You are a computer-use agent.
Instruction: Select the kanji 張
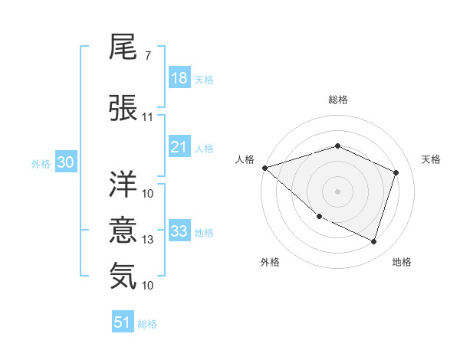(123, 107)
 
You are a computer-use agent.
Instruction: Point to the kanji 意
(123, 231)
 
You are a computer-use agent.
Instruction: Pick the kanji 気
(123, 276)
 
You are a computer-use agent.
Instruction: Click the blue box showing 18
(179, 78)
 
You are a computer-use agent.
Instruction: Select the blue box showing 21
(179, 146)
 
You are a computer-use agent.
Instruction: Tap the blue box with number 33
(179, 231)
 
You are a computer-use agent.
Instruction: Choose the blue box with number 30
(65, 162)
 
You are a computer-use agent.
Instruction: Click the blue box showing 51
(123, 322)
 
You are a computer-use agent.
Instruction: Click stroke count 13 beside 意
(148, 240)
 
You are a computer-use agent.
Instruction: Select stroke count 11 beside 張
(148, 117)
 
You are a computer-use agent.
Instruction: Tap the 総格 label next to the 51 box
(148, 324)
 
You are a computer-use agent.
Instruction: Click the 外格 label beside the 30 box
(40, 163)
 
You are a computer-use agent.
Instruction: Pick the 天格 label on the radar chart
(431, 159)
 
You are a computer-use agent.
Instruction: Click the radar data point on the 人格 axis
(264, 168)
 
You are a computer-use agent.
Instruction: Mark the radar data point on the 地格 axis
(373, 241)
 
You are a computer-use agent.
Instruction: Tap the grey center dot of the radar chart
(337, 191)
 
